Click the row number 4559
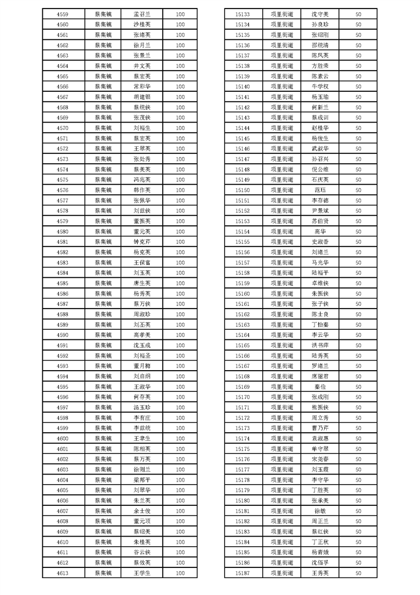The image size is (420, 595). (62, 14)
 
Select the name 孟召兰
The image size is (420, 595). (142, 14)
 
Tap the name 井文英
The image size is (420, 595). (142, 66)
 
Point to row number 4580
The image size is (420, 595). (62, 231)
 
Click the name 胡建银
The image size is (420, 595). (142, 97)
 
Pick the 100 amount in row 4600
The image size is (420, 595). (180, 439)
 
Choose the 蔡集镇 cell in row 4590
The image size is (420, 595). (103, 335)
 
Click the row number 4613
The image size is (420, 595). (62, 573)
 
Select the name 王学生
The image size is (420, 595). (142, 573)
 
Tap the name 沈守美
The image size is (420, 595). (320, 14)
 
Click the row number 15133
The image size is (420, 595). (242, 14)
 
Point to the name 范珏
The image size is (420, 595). (320, 190)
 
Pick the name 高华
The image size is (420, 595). (320, 231)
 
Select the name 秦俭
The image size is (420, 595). (320, 387)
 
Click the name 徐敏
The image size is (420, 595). (320, 511)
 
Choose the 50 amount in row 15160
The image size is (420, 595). (358, 294)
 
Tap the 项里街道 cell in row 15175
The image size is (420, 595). (281, 449)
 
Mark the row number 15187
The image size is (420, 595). (242, 573)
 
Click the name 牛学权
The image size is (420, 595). (320, 86)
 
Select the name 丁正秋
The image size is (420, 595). (320, 542)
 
